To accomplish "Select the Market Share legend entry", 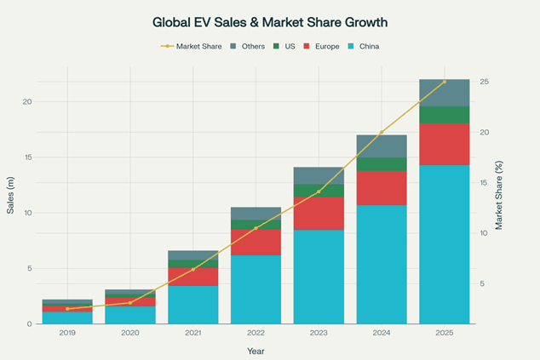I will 192,46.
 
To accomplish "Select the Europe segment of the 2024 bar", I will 381,188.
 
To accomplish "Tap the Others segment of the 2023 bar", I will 319,175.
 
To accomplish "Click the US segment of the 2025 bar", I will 444,115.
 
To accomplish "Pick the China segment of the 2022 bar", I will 256,289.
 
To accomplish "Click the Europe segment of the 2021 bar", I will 192,277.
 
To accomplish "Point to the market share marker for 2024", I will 381,133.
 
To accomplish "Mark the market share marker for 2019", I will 67,308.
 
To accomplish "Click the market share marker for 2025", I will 444,82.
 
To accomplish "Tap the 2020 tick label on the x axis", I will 130,334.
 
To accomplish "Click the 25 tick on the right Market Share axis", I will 483,82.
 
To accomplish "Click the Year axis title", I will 256,351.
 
